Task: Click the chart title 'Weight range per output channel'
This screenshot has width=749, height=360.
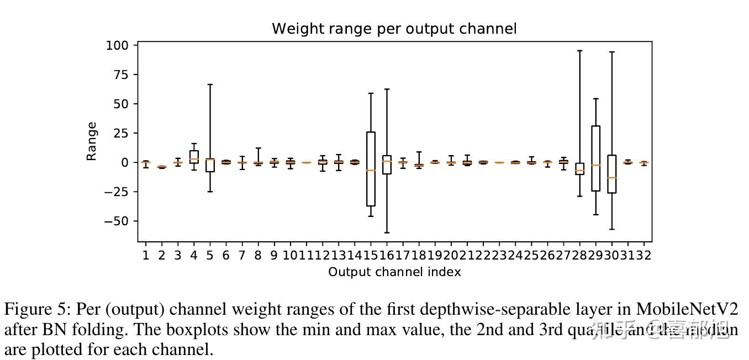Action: point(394,29)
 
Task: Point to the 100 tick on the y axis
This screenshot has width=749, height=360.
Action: point(117,45)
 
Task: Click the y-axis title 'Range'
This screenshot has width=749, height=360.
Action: point(92,141)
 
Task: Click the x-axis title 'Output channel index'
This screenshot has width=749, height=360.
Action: point(394,272)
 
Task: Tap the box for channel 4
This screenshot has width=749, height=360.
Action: point(194,157)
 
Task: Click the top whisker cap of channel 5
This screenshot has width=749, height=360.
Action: point(210,84)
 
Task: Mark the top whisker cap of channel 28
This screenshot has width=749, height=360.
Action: point(579,51)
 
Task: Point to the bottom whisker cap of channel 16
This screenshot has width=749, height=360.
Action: point(387,232)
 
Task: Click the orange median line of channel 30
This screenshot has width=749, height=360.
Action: point(611,178)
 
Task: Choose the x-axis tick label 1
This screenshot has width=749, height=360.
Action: point(146,255)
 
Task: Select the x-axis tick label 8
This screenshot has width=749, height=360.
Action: point(258,255)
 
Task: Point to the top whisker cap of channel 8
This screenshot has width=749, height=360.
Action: point(258,148)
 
